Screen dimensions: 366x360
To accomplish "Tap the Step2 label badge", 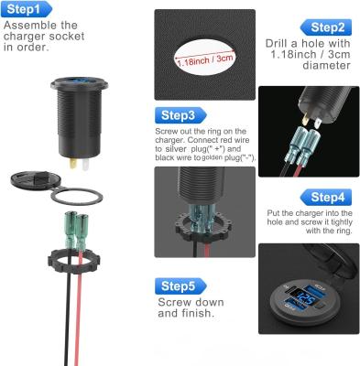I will (327, 27).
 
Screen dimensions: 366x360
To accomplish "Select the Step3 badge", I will (177, 116).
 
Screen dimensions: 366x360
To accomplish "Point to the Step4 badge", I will (326, 197).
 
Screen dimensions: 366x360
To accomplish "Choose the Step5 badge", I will (176, 285).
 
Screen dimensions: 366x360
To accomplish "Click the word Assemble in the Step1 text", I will (25, 25).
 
